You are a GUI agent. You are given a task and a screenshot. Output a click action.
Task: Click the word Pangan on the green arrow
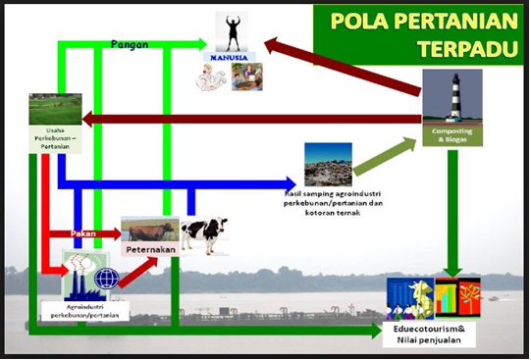tap(130, 45)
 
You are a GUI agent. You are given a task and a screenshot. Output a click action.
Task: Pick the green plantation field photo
tap(54, 109)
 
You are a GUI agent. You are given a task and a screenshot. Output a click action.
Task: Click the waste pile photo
tap(328, 165)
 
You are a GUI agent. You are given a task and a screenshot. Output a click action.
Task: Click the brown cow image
tap(148, 230)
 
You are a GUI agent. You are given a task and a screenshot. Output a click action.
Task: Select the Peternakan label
tap(149, 251)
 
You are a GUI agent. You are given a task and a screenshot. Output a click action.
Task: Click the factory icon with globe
tap(90, 274)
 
